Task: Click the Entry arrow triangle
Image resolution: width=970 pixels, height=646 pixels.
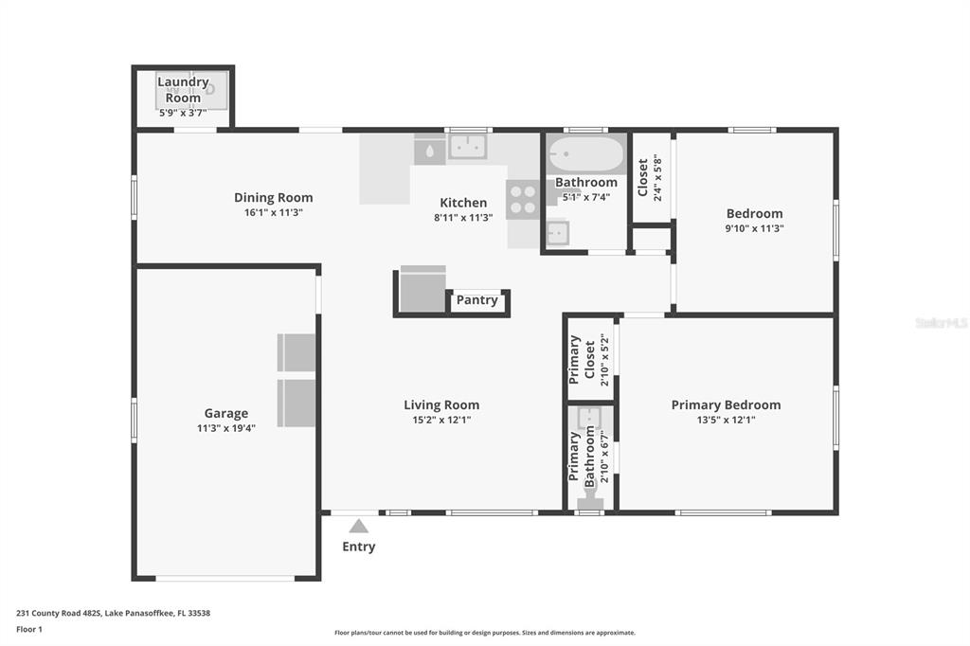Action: [x=358, y=526]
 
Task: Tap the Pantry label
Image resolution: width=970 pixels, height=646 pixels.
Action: [x=477, y=300]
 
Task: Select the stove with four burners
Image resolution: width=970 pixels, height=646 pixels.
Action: [x=523, y=199]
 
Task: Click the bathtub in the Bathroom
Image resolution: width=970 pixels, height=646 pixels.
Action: [x=586, y=154]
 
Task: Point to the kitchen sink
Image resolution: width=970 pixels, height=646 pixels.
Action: [x=468, y=147]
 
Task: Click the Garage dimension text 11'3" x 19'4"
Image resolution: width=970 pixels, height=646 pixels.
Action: [x=226, y=428]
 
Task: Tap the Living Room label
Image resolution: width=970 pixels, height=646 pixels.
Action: [x=441, y=404]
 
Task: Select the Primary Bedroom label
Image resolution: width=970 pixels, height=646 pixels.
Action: [x=726, y=404]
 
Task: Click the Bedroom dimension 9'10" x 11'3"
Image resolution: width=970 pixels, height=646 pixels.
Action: [x=755, y=228]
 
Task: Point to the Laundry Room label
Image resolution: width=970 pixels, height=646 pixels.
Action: [x=183, y=90]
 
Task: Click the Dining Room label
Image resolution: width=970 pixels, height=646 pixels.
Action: [x=274, y=197]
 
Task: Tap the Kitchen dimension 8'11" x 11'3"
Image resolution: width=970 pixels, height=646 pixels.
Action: [x=463, y=218]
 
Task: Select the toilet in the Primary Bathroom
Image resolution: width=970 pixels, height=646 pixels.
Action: [x=589, y=497]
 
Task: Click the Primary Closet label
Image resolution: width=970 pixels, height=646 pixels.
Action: [x=582, y=360]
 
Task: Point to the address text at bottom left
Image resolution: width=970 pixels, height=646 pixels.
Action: [x=114, y=613]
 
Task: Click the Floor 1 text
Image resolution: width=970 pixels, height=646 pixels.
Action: [x=29, y=629]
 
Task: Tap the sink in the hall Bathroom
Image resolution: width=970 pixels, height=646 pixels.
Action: [x=557, y=233]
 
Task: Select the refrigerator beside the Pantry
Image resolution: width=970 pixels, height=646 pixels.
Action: [x=422, y=289]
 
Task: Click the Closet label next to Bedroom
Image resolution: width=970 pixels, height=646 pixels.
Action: [x=643, y=177]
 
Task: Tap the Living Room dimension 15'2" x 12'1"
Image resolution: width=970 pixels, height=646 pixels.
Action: [x=441, y=420]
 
